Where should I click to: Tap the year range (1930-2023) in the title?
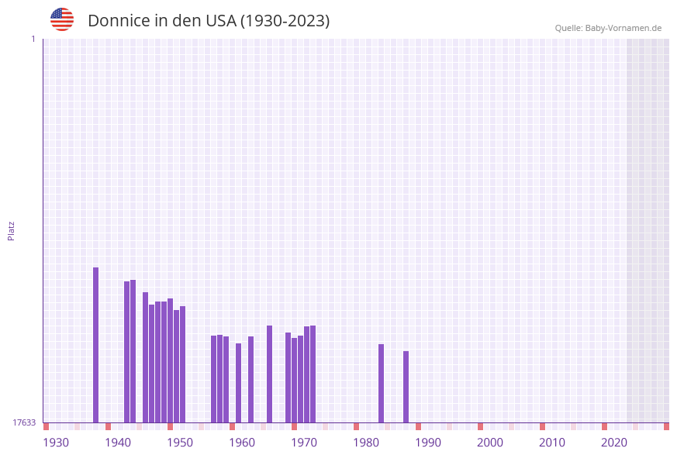(x=285, y=21)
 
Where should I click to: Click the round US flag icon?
(x=62, y=19)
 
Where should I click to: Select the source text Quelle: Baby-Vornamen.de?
(x=608, y=28)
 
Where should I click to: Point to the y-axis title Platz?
(x=12, y=230)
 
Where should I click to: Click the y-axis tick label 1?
(x=33, y=39)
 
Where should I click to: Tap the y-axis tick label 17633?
(x=24, y=422)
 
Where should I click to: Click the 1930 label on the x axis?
(x=56, y=443)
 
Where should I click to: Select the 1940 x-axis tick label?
(x=118, y=443)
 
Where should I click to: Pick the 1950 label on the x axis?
(x=180, y=443)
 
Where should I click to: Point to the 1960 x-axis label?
(x=242, y=443)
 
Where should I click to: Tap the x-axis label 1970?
(x=304, y=443)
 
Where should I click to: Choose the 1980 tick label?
(x=366, y=443)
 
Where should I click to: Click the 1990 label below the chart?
(x=428, y=443)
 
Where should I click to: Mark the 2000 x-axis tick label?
(x=490, y=443)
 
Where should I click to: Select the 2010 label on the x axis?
(x=552, y=443)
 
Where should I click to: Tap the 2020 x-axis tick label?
(x=614, y=443)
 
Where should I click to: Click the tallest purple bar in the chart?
(x=96, y=345)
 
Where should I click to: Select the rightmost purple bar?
(x=406, y=387)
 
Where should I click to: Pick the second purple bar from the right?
(x=381, y=383)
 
